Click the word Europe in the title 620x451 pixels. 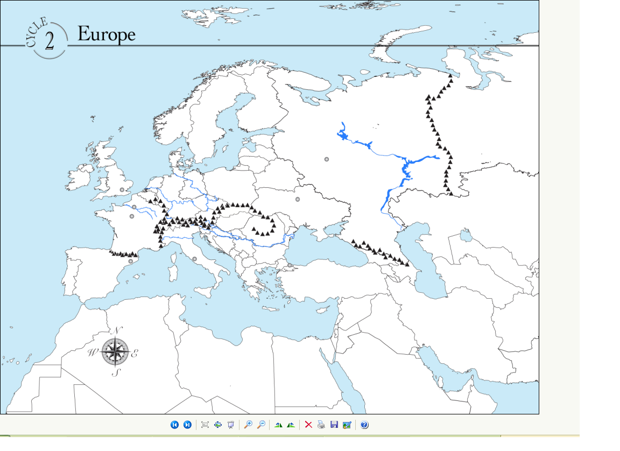(x=106, y=34)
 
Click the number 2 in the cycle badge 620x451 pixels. (x=50, y=40)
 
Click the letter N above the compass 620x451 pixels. (x=119, y=330)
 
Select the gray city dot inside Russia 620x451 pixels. (x=327, y=159)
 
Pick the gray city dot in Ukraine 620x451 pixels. (x=298, y=200)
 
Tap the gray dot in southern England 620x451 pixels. (x=122, y=190)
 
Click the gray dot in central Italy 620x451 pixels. (x=195, y=259)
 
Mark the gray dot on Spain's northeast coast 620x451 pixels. (x=131, y=262)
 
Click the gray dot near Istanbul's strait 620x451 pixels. (x=290, y=265)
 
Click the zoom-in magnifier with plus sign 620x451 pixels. (x=248, y=425)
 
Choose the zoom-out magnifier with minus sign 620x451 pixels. (x=261, y=425)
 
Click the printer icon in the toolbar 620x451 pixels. (x=321, y=425)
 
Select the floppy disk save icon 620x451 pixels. (x=334, y=425)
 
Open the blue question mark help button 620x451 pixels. (x=364, y=425)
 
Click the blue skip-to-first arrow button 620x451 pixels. (x=174, y=425)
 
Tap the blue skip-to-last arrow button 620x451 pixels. (x=187, y=425)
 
